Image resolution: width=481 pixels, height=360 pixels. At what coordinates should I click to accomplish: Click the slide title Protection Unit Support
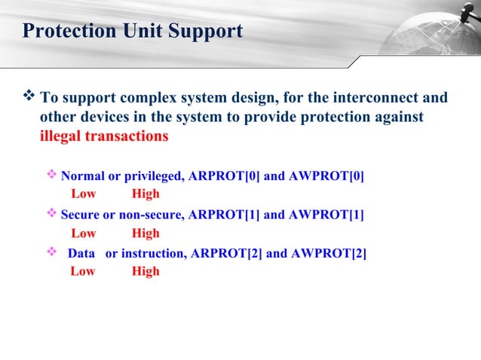133,32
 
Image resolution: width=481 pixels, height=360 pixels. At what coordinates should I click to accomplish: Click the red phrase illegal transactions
104,137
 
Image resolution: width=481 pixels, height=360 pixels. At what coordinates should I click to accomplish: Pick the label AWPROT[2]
329,253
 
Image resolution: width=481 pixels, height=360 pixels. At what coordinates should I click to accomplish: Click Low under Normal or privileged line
83,194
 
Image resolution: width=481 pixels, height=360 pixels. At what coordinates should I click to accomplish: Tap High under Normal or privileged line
146,194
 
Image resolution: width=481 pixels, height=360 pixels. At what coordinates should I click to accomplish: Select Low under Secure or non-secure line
83,233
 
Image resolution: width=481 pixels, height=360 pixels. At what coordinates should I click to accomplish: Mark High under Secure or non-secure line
146,233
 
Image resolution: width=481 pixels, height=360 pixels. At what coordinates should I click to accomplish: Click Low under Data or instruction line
83,271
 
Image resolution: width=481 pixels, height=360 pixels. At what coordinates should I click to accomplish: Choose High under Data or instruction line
146,271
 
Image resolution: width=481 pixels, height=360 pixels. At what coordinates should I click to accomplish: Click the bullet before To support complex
30,97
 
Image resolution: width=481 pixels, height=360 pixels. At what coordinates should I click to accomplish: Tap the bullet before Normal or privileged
52,175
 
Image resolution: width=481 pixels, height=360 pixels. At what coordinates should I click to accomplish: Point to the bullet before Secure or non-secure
52,215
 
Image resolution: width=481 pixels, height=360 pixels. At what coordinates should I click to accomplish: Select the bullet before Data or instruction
52,252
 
